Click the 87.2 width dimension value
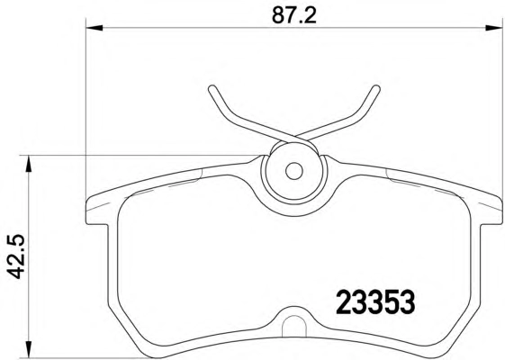(294, 14)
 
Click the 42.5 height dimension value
(15, 256)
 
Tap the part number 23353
(375, 301)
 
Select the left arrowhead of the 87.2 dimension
(95, 28)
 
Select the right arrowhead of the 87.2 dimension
(494, 28)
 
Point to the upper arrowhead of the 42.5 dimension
(29, 164)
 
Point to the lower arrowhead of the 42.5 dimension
(29, 349)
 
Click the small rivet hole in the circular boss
(293, 171)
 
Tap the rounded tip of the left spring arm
(212, 89)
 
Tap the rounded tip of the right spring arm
(375, 89)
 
